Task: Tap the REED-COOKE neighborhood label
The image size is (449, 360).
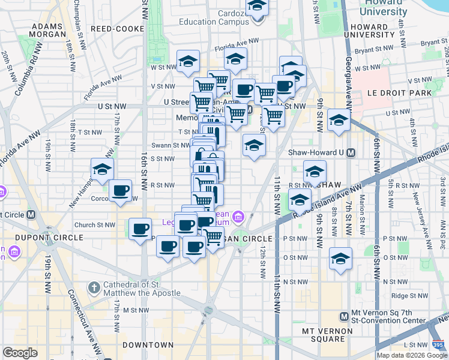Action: point(117,29)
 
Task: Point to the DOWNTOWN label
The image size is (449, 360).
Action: point(148,345)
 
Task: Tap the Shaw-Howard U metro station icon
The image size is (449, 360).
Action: point(351,152)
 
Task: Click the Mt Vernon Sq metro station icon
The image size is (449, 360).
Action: point(344,316)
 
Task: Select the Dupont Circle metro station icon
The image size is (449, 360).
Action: point(31,214)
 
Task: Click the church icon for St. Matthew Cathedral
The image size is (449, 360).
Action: point(93,288)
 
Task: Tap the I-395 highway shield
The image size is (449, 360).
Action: point(439,344)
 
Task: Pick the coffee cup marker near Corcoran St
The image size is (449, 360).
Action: point(121,191)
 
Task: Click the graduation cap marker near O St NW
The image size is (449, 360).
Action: point(340,259)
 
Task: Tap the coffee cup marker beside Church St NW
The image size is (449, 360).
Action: point(141,229)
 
